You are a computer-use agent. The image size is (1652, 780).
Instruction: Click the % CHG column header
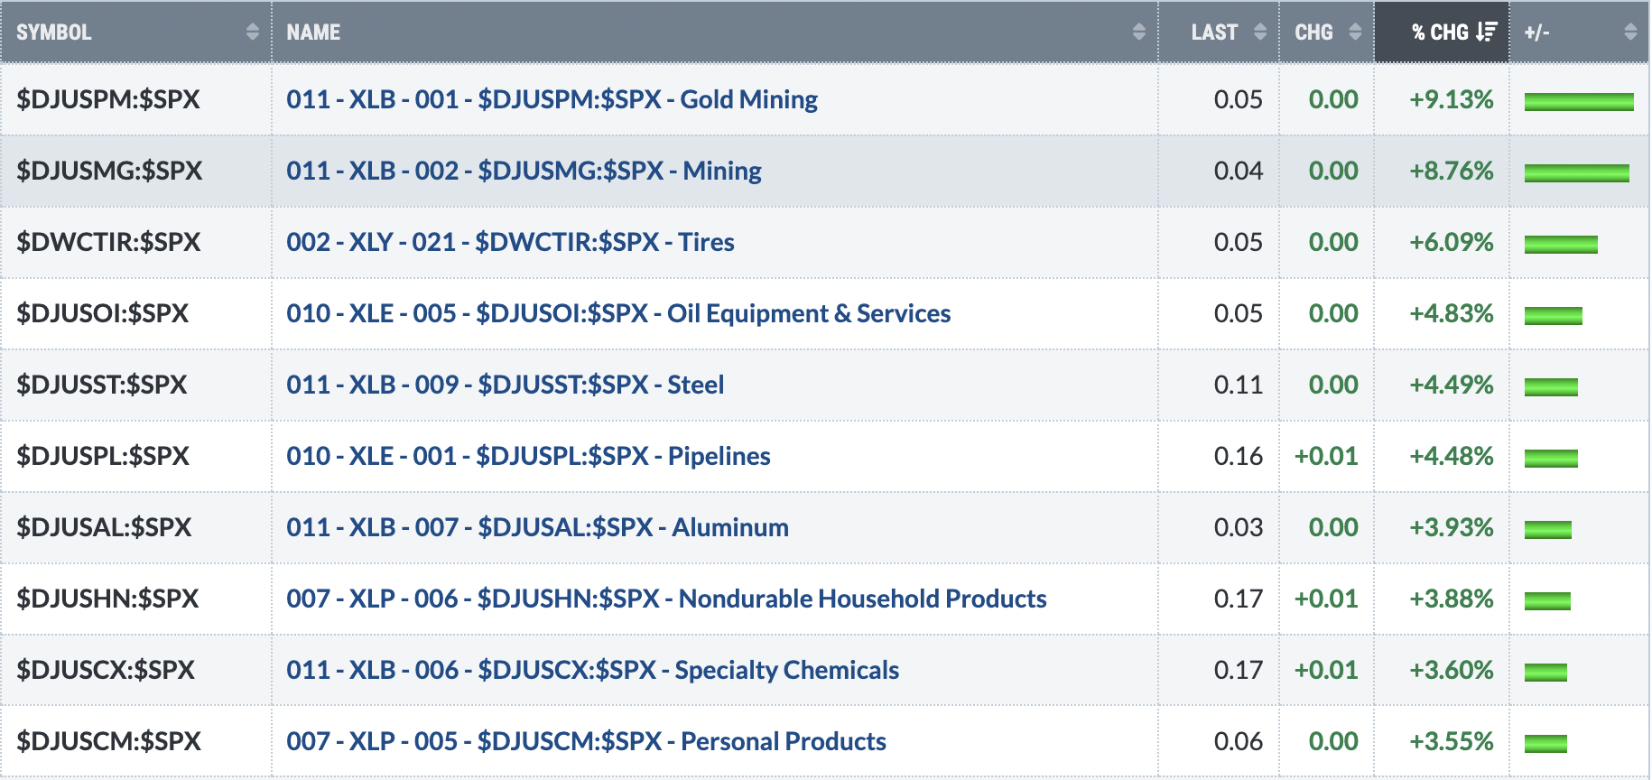[x=1442, y=32]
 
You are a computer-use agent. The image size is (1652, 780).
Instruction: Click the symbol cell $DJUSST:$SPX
[x=102, y=385]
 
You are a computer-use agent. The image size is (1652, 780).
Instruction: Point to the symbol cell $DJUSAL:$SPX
[x=104, y=527]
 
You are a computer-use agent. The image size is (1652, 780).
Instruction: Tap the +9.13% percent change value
[x=1452, y=99]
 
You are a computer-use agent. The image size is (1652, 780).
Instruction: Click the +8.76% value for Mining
[x=1452, y=171]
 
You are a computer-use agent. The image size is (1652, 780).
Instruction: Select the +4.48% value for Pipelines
[x=1452, y=456]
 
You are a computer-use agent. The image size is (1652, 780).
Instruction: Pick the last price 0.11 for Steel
[x=1239, y=385]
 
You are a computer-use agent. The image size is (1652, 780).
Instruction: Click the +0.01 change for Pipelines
[x=1326, y=456]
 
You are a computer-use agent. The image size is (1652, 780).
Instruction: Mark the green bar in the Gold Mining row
[x=1579, y=102]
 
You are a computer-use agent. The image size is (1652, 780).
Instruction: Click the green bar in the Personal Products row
[x=1545, y=744]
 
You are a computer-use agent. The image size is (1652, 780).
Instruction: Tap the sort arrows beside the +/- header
[x=1630, y=32]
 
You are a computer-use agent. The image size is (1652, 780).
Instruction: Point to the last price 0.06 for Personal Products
[x=1239, y=741]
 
